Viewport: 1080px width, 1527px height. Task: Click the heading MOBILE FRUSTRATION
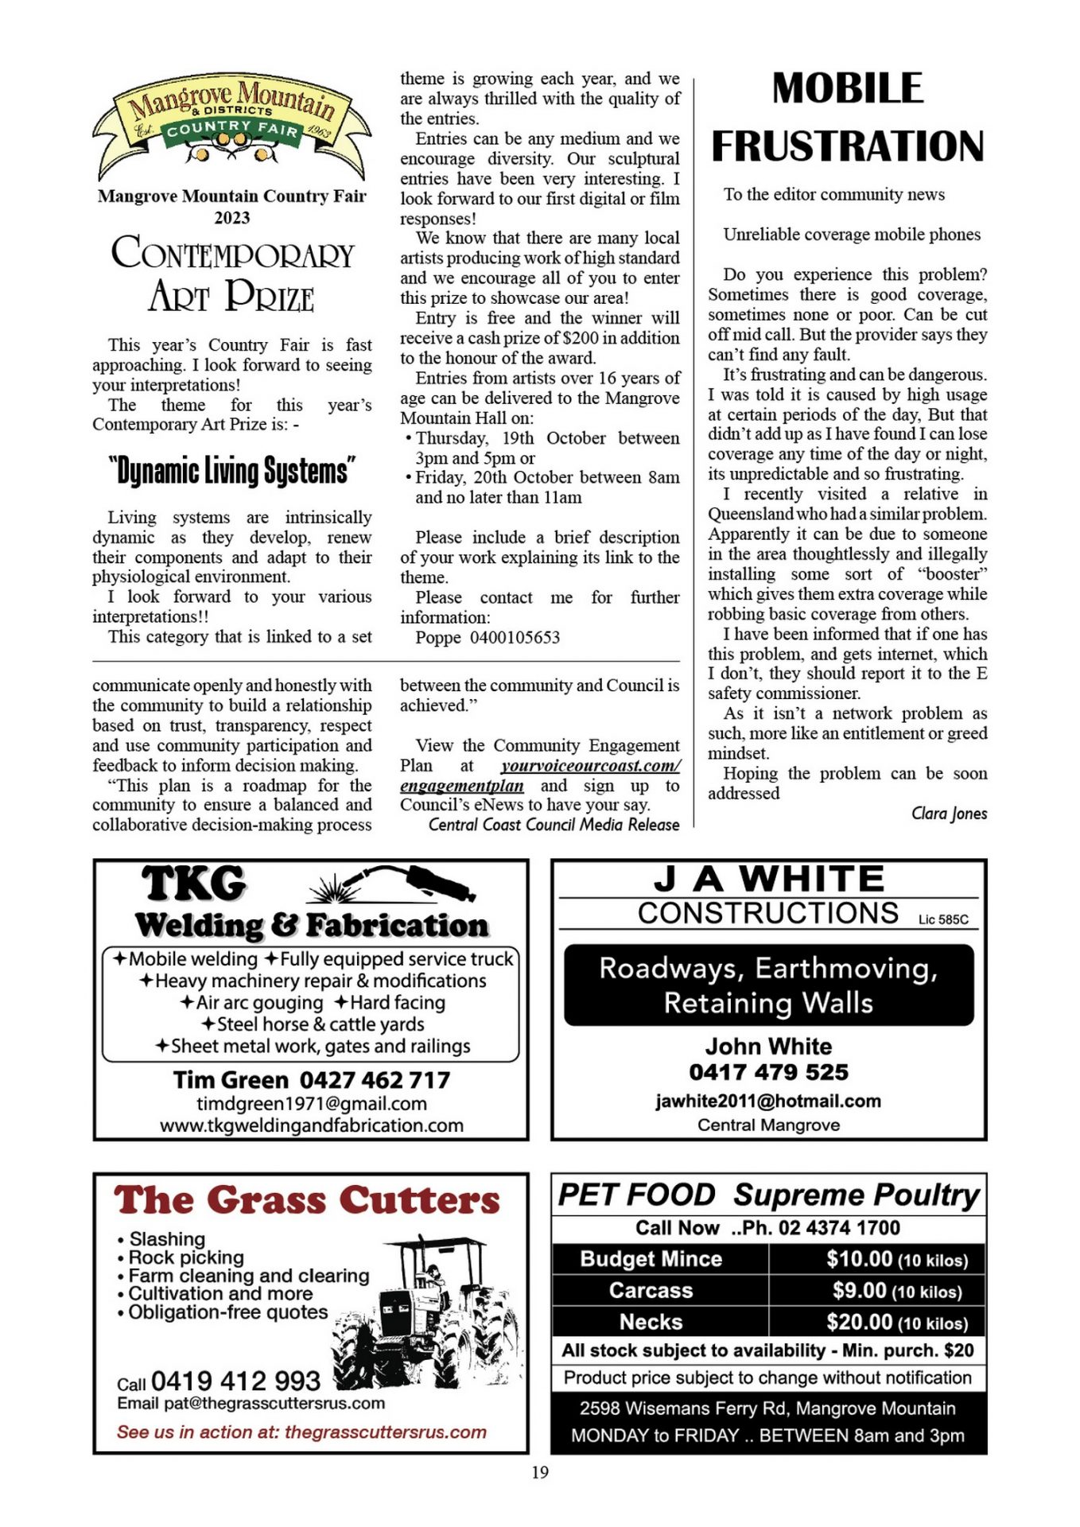click(848, 118)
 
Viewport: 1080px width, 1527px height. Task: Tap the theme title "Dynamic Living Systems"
click(232, 471)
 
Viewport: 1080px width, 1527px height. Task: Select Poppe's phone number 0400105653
click(515, 638)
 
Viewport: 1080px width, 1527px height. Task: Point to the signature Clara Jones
click(949, 813)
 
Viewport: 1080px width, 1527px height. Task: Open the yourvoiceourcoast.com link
click(590, 766)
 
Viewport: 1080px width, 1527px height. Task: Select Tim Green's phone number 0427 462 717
click(375, 1080)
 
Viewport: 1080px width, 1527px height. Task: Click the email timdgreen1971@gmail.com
click(312, 1104)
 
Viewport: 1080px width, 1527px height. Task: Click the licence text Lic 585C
click(943, 919)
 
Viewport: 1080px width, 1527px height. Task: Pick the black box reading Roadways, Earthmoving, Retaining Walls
click(768, 985)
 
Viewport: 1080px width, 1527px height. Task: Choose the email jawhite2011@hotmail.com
click(768, 1101)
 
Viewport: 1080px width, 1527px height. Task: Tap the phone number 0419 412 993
click(235, 1381)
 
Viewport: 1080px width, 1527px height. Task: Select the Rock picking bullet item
click(186, 1257)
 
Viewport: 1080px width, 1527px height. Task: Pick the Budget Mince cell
click(651, 1259)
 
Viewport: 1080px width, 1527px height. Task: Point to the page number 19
click(540, 1472)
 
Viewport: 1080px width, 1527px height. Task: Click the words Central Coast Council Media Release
click(554, 825)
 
